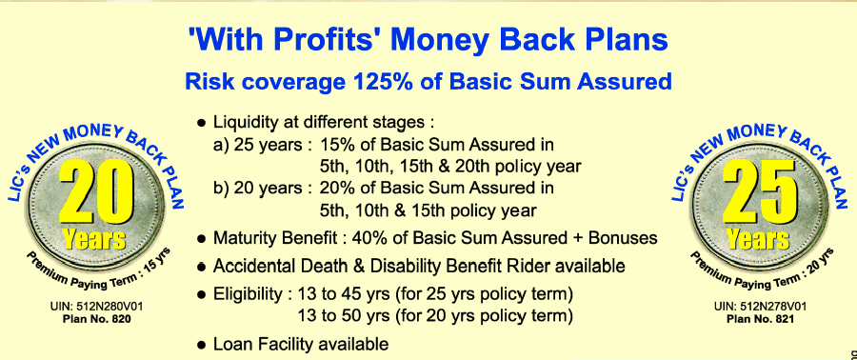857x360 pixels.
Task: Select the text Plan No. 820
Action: (x=97, y=319)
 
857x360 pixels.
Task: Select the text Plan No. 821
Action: (x=760, y=319)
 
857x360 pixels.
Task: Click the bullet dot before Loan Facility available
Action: (x=203, y=346)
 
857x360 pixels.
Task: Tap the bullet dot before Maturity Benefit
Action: (x=203, y=239)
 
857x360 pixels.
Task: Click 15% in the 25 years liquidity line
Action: (x=334, y=145)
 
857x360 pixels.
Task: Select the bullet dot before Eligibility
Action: (x=203, y=295)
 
